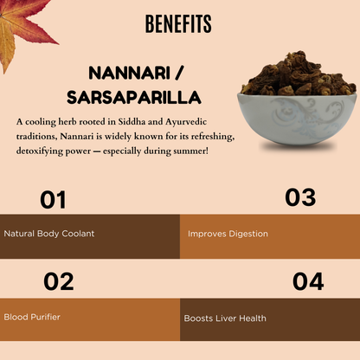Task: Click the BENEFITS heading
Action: pos(179,23)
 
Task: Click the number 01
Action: pos(54,201)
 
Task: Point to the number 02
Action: pos(58,281)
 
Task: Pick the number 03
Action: pos(300,198)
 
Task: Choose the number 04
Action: pos(307,281)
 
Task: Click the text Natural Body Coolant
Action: pos(49,234)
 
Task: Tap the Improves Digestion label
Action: pos(228,234)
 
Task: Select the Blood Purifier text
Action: pos(32,317)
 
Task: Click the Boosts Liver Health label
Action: pos(225,318)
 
